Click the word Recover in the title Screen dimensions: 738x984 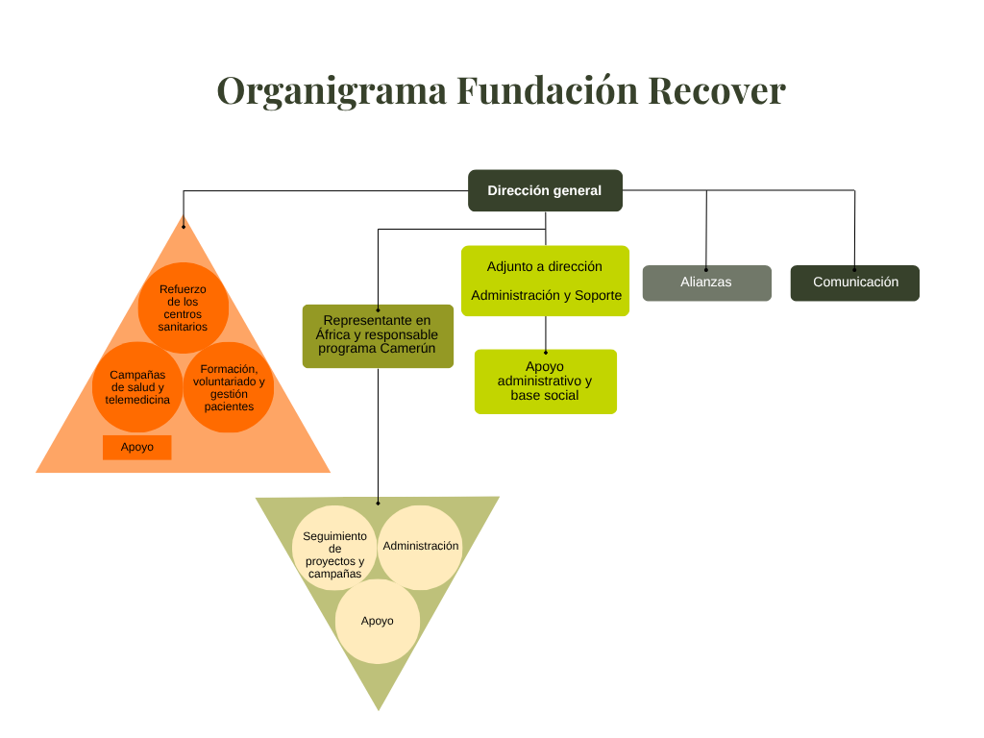(716, 91)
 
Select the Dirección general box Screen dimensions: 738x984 (545, 190)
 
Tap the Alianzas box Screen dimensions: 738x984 (706, 283)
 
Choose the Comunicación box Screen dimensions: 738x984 (855, 283)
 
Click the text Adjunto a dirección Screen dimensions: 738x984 (544, 266)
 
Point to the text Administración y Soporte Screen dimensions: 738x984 (546, 295)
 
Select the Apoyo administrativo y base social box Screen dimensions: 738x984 (545, 381)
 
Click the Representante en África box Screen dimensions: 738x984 (378, 335)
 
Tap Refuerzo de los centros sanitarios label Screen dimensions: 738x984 (183, 307)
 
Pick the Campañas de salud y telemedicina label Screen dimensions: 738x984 (137, 387)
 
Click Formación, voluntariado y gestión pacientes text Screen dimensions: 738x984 (229, 387)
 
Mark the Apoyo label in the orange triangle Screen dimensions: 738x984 (137, 447)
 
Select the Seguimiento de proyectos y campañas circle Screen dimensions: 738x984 (334, 554)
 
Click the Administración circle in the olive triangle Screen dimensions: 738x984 (421, 546)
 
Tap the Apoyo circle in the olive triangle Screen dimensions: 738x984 (378, 621)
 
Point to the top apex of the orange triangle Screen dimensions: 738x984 (184, 218)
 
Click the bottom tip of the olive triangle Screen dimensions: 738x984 (378, 708)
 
